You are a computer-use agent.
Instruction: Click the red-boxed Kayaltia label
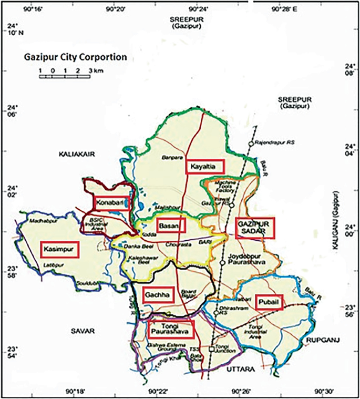pos(205,167)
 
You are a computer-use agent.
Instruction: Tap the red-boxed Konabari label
pos(111,202)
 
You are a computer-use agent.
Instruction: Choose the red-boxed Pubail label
pos(269,302)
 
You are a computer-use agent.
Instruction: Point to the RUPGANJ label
pos(323,339)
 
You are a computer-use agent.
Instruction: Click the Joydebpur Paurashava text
pos(246,260)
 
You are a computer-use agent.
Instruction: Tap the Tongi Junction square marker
pos(212,349)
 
